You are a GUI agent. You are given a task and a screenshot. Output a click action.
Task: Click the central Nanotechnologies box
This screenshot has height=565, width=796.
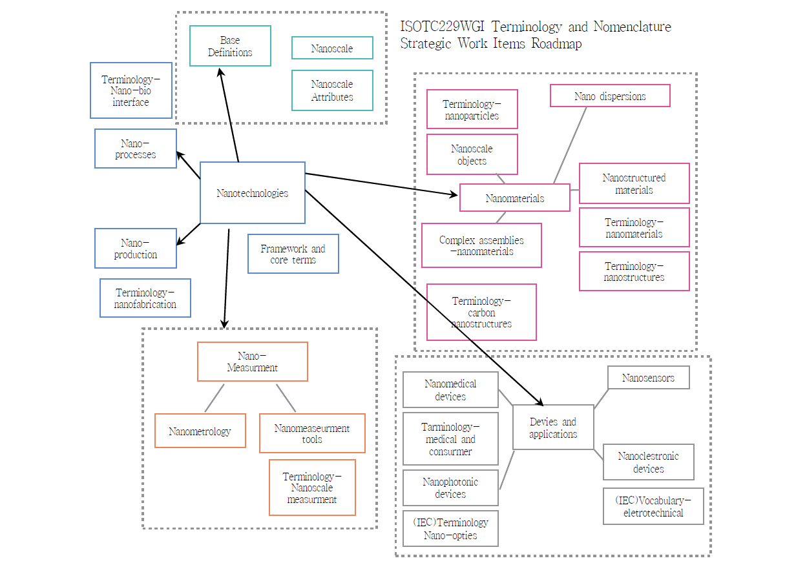[252, 192]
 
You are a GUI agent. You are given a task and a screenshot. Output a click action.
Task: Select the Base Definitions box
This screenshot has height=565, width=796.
[230, 46]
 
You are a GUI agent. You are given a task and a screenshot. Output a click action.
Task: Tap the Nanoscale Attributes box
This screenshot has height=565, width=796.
[332, 90]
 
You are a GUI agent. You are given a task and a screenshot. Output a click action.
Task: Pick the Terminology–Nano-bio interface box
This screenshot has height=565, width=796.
[131, 90]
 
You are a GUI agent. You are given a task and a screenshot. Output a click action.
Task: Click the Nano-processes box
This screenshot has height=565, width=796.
[136, 149]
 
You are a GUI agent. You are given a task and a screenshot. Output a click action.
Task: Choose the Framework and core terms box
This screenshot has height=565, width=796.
[293, 254]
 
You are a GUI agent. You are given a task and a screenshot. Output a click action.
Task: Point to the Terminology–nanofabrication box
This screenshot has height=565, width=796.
[145, 298]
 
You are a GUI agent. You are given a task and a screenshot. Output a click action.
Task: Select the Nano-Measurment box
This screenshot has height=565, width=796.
[252, 362]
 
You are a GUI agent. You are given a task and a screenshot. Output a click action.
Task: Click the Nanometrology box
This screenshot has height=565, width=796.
[200, 431]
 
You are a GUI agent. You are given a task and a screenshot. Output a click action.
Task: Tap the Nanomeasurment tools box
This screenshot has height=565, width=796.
[312, 433]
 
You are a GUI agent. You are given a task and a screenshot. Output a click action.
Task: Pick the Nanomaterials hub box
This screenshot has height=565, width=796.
[515, 198]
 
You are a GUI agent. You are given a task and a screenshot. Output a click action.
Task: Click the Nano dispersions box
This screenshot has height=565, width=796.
[610, 96]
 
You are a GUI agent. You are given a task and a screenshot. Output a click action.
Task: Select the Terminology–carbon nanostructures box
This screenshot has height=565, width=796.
[481, 312]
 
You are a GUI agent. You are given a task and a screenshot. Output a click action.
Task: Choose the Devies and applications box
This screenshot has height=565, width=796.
[553, 427]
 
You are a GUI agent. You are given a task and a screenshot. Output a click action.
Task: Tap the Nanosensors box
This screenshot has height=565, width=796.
[649, 378]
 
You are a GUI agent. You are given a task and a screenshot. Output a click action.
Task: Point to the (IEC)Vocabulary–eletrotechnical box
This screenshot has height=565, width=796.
[653, 506]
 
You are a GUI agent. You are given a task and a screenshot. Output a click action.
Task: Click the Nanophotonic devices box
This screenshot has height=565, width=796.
[450, 488]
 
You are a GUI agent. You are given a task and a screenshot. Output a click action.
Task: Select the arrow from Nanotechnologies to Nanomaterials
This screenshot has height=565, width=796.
[381, 183]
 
